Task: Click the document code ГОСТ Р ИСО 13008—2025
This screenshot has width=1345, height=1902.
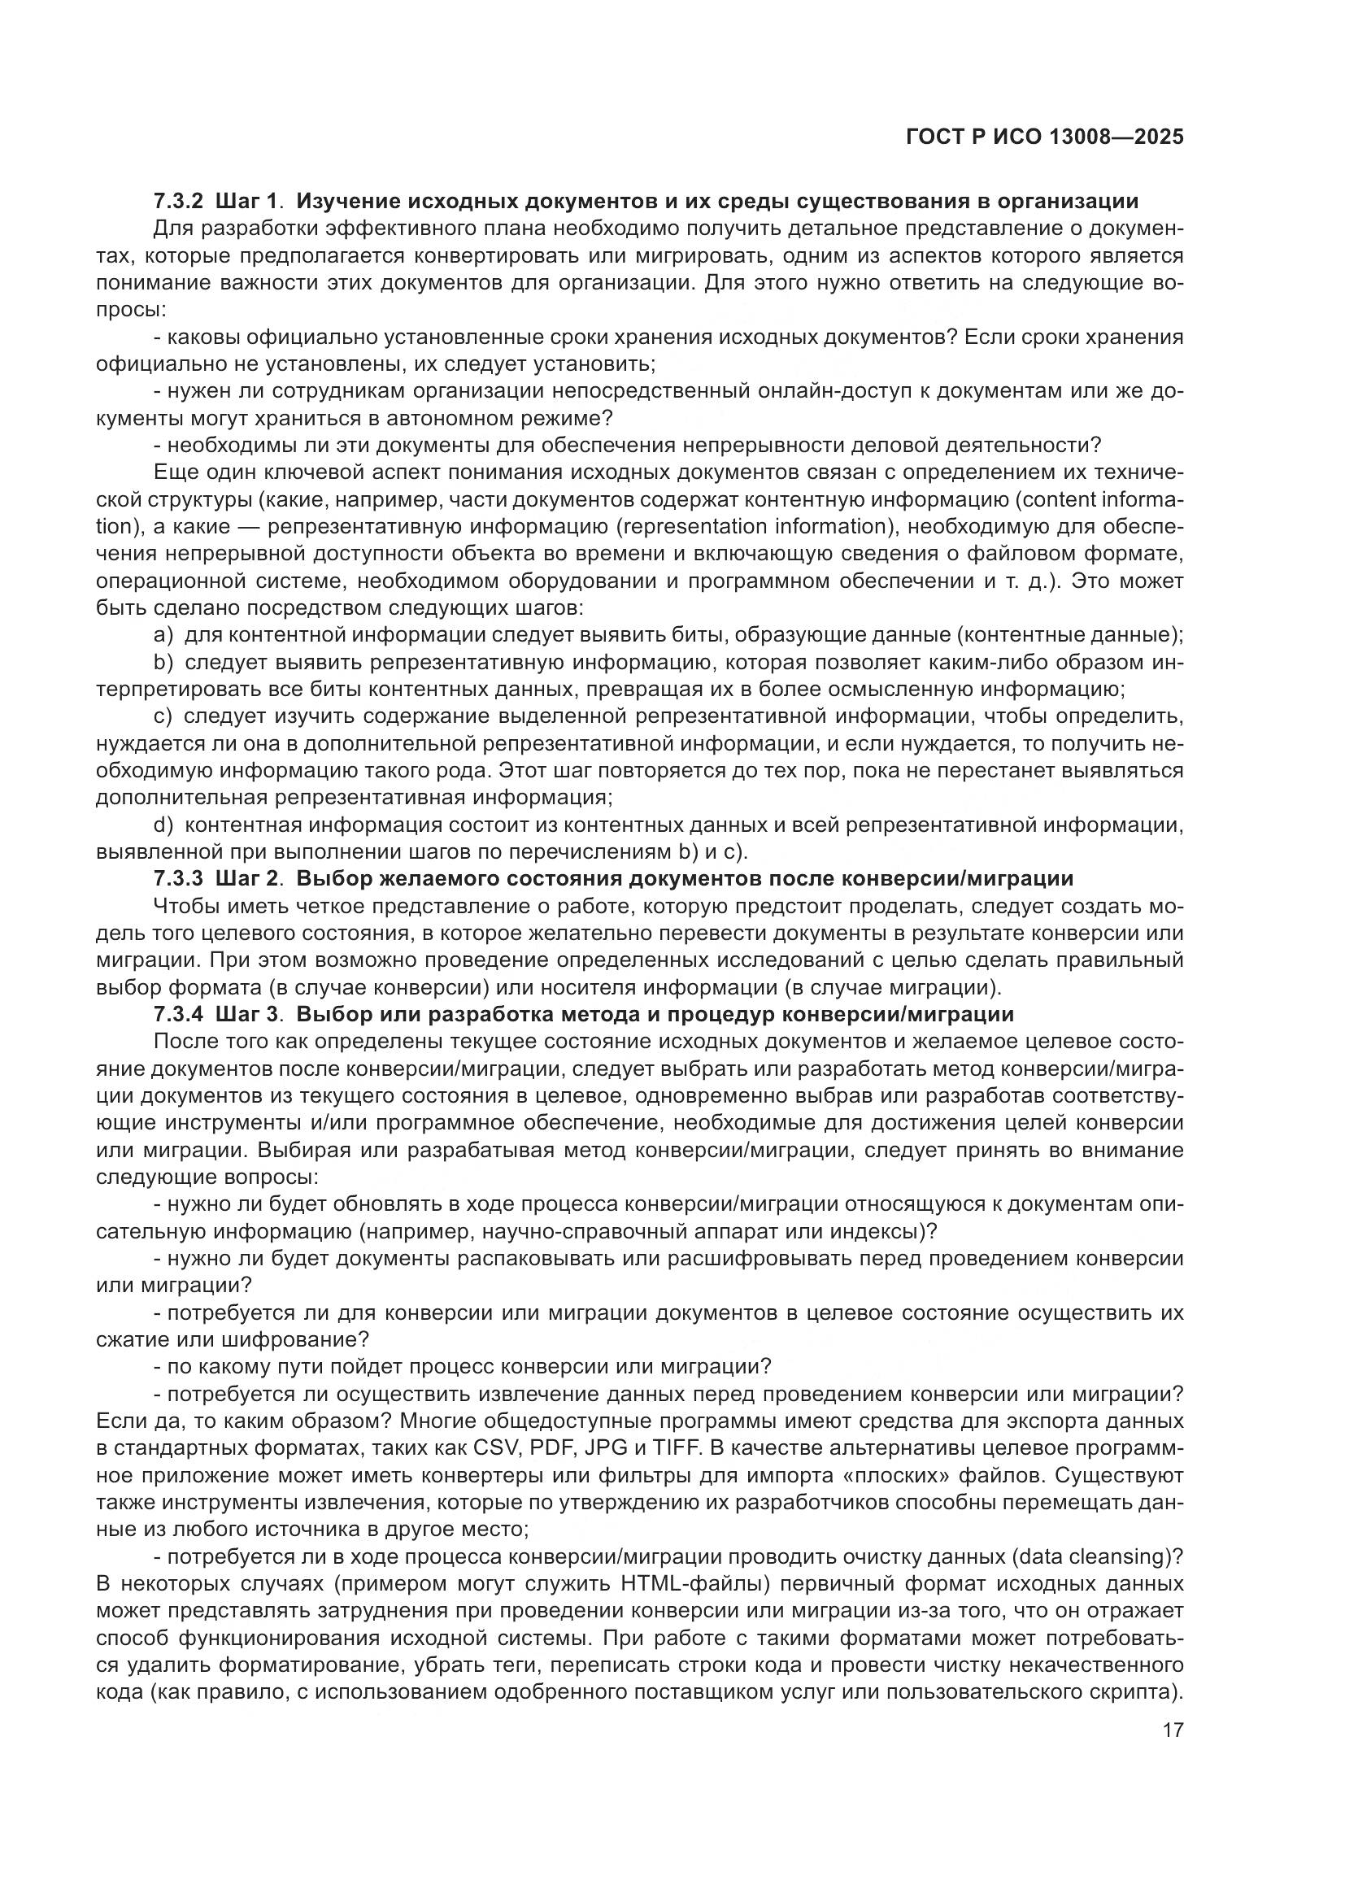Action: (x=1044, y=137)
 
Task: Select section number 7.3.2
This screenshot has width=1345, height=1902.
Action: (x=178, y=202)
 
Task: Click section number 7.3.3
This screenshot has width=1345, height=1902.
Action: (x=178, y=879)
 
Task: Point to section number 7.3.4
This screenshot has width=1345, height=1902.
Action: (x=178, y=1015)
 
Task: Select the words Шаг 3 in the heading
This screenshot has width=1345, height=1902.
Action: (x=246, y=1015)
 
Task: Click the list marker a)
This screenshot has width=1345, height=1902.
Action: (x=163, y=635)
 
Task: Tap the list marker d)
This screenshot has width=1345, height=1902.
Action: (x=163, y=825)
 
